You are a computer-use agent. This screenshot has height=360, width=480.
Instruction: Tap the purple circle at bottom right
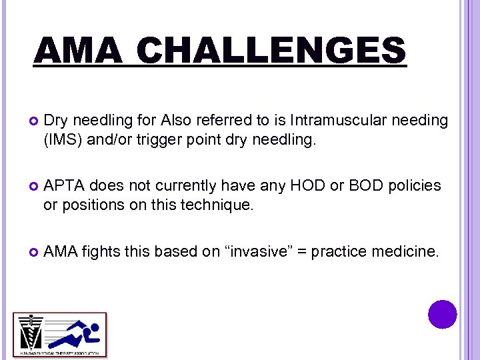pos(443,314)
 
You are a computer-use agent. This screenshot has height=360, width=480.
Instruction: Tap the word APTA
pos(63,185)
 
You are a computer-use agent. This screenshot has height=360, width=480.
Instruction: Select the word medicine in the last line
pos(407,251)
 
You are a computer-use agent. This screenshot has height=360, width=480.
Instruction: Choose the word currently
pos(186,185)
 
